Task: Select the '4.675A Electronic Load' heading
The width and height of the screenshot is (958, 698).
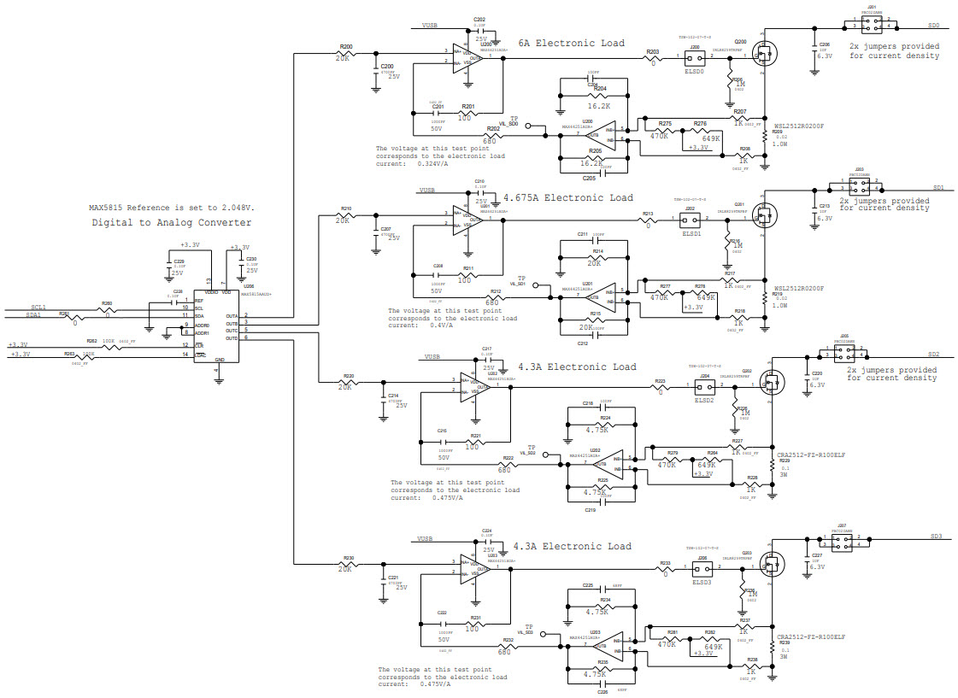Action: pyautogui.click(x=568, y=197)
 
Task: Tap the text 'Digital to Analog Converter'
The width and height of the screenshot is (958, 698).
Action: pyautogui.click(x=172, y=222)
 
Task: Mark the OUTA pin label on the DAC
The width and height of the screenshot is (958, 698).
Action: pyautogui.click(x=232, y=316)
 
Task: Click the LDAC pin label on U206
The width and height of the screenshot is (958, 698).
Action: pyautogui.click(x=201, y=354)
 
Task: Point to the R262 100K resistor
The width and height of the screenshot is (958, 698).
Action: pyautogui.click(x=109, y=346)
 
